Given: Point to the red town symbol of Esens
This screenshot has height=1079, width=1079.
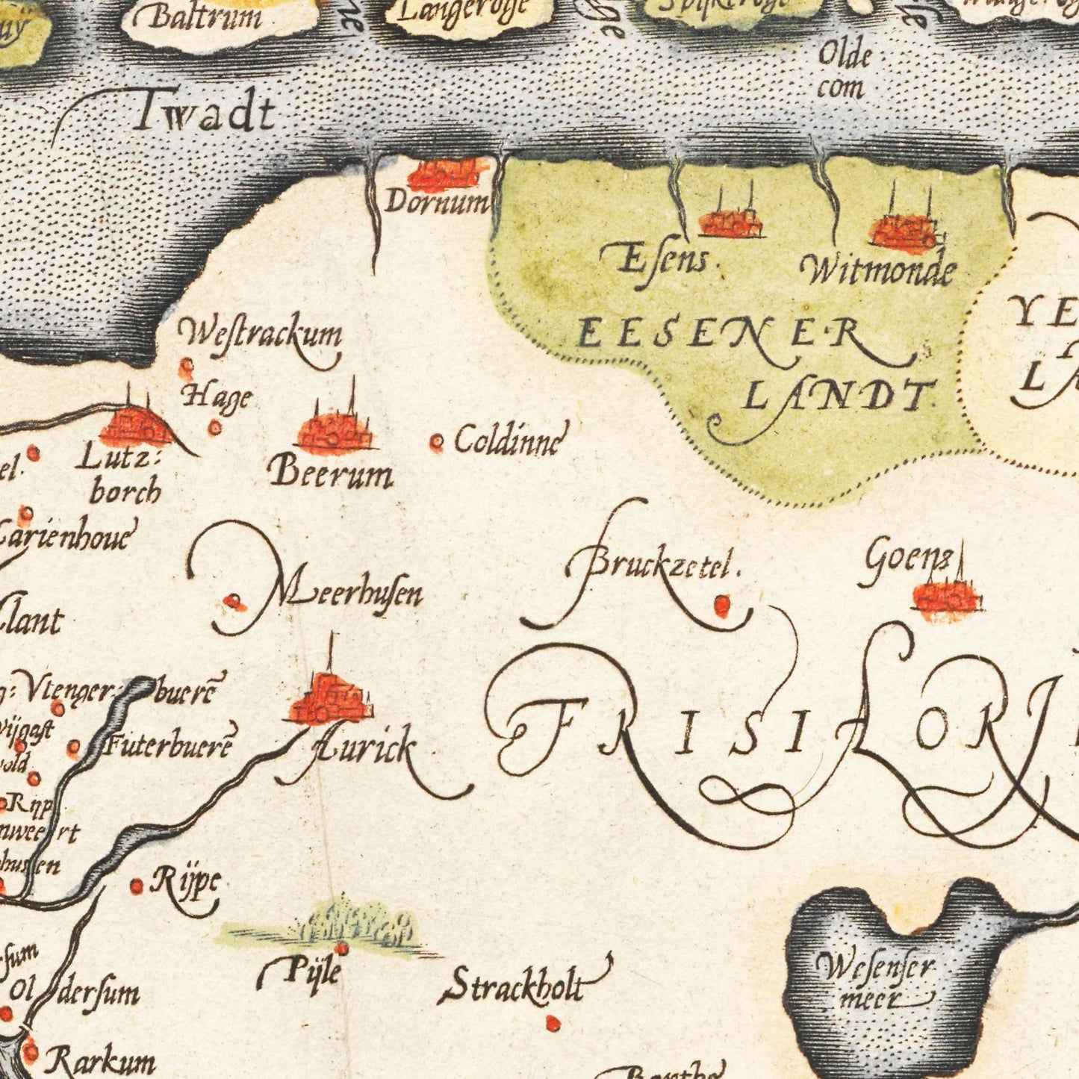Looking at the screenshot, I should (730, 223).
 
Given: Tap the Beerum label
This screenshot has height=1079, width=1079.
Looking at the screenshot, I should (331, 473).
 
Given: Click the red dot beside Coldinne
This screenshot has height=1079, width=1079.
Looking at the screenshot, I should (437, 444).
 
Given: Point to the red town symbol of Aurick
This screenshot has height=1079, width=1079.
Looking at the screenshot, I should (330, 699).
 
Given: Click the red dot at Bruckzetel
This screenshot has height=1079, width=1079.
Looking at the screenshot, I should (721, 606).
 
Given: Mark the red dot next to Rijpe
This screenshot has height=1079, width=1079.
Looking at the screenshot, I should (137, 886).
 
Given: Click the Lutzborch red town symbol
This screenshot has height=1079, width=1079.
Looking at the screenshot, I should (135, 428).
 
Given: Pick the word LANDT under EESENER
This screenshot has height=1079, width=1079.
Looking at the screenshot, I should (840, 395).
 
